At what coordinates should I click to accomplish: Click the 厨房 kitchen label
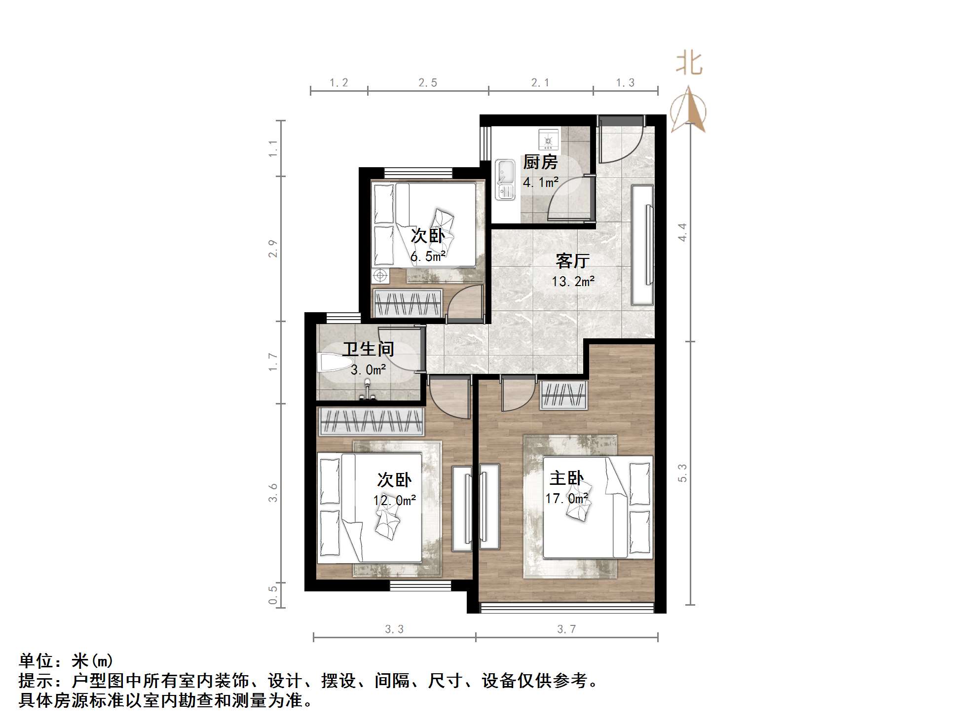pyautogui.click(x=540, y=162)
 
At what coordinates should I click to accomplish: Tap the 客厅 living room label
pyautogui.click(x=572, y=261)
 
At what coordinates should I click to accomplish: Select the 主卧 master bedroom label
pyautogui.click(x=566, y=478)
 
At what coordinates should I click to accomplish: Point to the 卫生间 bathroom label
pyautogui.click(x=368, y=349)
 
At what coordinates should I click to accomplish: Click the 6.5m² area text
pyautogui.click(x=428, y=256)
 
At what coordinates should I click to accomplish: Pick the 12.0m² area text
pyautogui.click(x=394, y=501)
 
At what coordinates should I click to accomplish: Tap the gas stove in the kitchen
pyautogui.click(x=548, y=140)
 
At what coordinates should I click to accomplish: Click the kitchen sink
pyautogui.click(x=505, y=180)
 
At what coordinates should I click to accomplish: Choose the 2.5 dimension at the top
pyautogui.click(x=428, y=83)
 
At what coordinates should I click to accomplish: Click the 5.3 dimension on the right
pyautogui.click(x=682, y=473)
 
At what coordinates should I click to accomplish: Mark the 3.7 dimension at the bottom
pyautogui.click(x=566, y=629)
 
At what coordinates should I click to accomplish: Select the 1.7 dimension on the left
pyautogui.click(x=273, y=362)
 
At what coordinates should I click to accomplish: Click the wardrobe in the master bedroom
pyautogui.click(x=563, y=396)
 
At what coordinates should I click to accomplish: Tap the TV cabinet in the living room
pyautogui.click(x=642, y=245)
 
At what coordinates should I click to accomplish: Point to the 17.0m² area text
pyautogui.click(x=566, y=499)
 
